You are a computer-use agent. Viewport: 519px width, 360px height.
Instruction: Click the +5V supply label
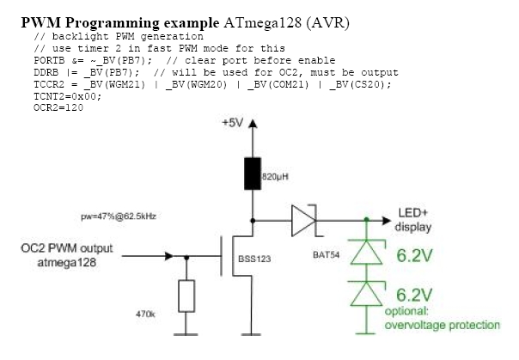click(x=232, y=123)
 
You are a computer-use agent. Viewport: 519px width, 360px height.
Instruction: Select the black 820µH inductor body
click(x=252, y=174)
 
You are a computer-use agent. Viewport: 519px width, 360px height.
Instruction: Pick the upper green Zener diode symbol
click(x=367, y=251)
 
